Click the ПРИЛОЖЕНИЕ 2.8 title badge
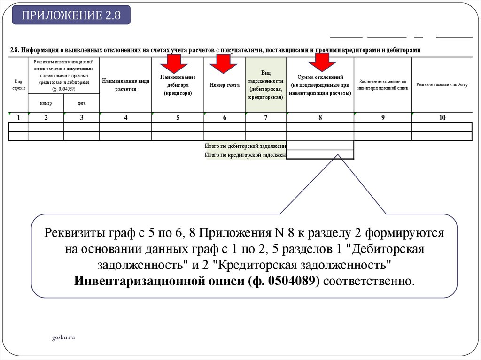(71, 15)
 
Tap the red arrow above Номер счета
(223, 63)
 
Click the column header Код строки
(18, 84)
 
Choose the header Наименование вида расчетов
(125, 84)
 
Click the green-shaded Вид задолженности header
(265, 85)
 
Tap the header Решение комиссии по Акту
(442, 85)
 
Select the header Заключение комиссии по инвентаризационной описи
(382, 84)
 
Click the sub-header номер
(46, 103)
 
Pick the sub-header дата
(81, 103)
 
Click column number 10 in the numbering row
(442, 118)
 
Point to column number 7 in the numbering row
(265, 118)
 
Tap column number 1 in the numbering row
(18, 118)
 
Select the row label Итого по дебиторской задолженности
(246, 146)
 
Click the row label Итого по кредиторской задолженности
(246, 155)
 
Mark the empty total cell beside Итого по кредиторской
(320, 155)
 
